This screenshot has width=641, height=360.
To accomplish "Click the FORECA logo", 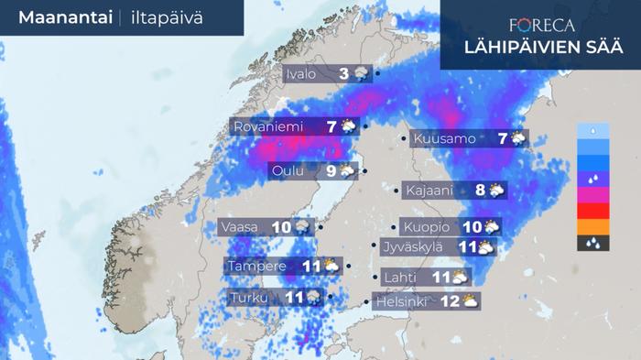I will coord(542,26).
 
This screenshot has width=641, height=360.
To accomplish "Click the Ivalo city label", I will coord(301,74).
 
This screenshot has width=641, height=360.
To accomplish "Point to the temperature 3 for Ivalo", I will coord(344,74).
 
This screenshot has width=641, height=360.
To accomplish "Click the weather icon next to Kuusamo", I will coord(518,139).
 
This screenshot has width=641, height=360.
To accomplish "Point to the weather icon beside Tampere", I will coord(331,267).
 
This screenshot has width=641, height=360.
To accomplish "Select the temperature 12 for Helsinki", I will coord(449,300).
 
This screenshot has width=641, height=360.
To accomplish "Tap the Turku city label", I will coord(249,298).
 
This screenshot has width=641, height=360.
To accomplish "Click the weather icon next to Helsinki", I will coord(470,300).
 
